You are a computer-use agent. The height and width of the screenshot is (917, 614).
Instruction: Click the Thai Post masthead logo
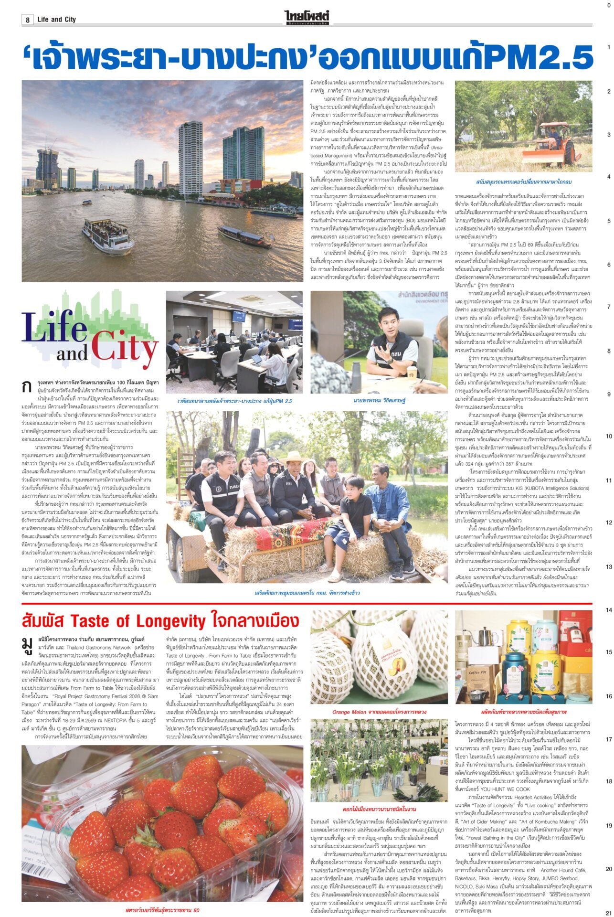307,18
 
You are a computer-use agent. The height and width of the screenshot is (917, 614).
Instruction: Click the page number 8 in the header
28,20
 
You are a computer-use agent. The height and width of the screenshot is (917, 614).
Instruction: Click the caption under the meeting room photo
234,401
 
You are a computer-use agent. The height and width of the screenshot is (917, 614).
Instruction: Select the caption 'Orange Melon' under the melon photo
379,712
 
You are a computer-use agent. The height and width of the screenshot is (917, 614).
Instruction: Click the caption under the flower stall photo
379,809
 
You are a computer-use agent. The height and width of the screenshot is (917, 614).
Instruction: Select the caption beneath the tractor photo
524,182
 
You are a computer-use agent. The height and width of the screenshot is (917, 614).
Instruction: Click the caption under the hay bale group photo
307,593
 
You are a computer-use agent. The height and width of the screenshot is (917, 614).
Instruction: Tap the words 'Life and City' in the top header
56,20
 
